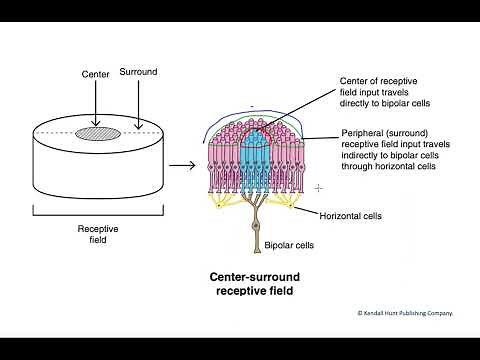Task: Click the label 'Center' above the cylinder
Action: [94, 74]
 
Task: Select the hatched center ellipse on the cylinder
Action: [96, 132]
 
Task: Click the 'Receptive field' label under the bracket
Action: [97, 234]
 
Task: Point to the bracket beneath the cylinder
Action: [97, 211]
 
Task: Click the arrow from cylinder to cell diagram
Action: [181, 163]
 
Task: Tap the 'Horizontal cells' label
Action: [350, 215]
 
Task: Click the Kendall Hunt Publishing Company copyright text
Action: [405, 313]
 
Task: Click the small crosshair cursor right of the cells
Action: [319, 187]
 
